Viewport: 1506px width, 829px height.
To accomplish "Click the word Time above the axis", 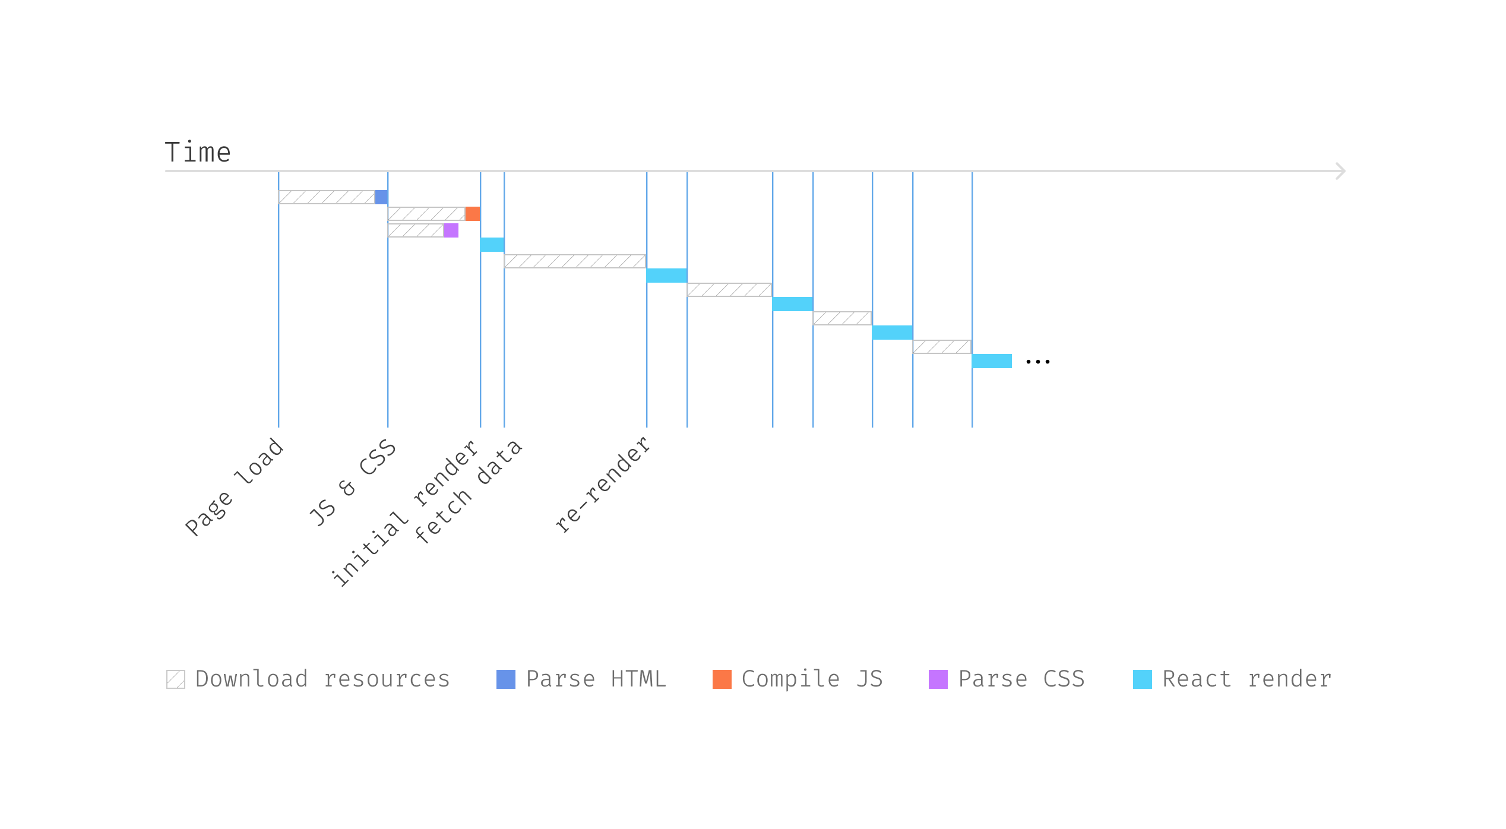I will [197, 153].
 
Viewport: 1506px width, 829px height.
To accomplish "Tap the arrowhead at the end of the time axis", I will [1340, 171].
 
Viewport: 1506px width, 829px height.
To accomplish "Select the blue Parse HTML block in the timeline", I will [381, 197].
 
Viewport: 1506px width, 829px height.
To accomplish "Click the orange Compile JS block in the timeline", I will [472, 214].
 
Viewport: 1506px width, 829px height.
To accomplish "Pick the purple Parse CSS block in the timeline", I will [451, 230].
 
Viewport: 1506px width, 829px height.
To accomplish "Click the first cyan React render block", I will [492, 245].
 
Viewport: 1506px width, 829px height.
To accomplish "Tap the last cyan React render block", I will [992, 361].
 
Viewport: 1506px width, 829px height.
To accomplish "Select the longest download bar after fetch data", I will [575, 261].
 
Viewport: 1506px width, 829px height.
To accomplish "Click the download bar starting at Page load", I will [327, 197].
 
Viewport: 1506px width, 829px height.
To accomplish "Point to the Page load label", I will [235, 487].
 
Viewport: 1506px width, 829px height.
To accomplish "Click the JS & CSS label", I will [353, 483].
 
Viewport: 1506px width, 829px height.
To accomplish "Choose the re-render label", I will [603, 485].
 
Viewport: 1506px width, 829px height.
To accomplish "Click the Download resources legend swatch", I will [176, 679].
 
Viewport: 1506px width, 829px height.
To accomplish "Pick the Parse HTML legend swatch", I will [506, 679].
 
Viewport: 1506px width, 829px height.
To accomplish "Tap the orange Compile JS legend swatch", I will [722, 679].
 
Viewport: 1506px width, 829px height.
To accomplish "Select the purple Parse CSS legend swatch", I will [938, 679].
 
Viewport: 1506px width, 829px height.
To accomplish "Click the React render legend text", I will [1246, 679].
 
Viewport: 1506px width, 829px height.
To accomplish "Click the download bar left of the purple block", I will [416, 230].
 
